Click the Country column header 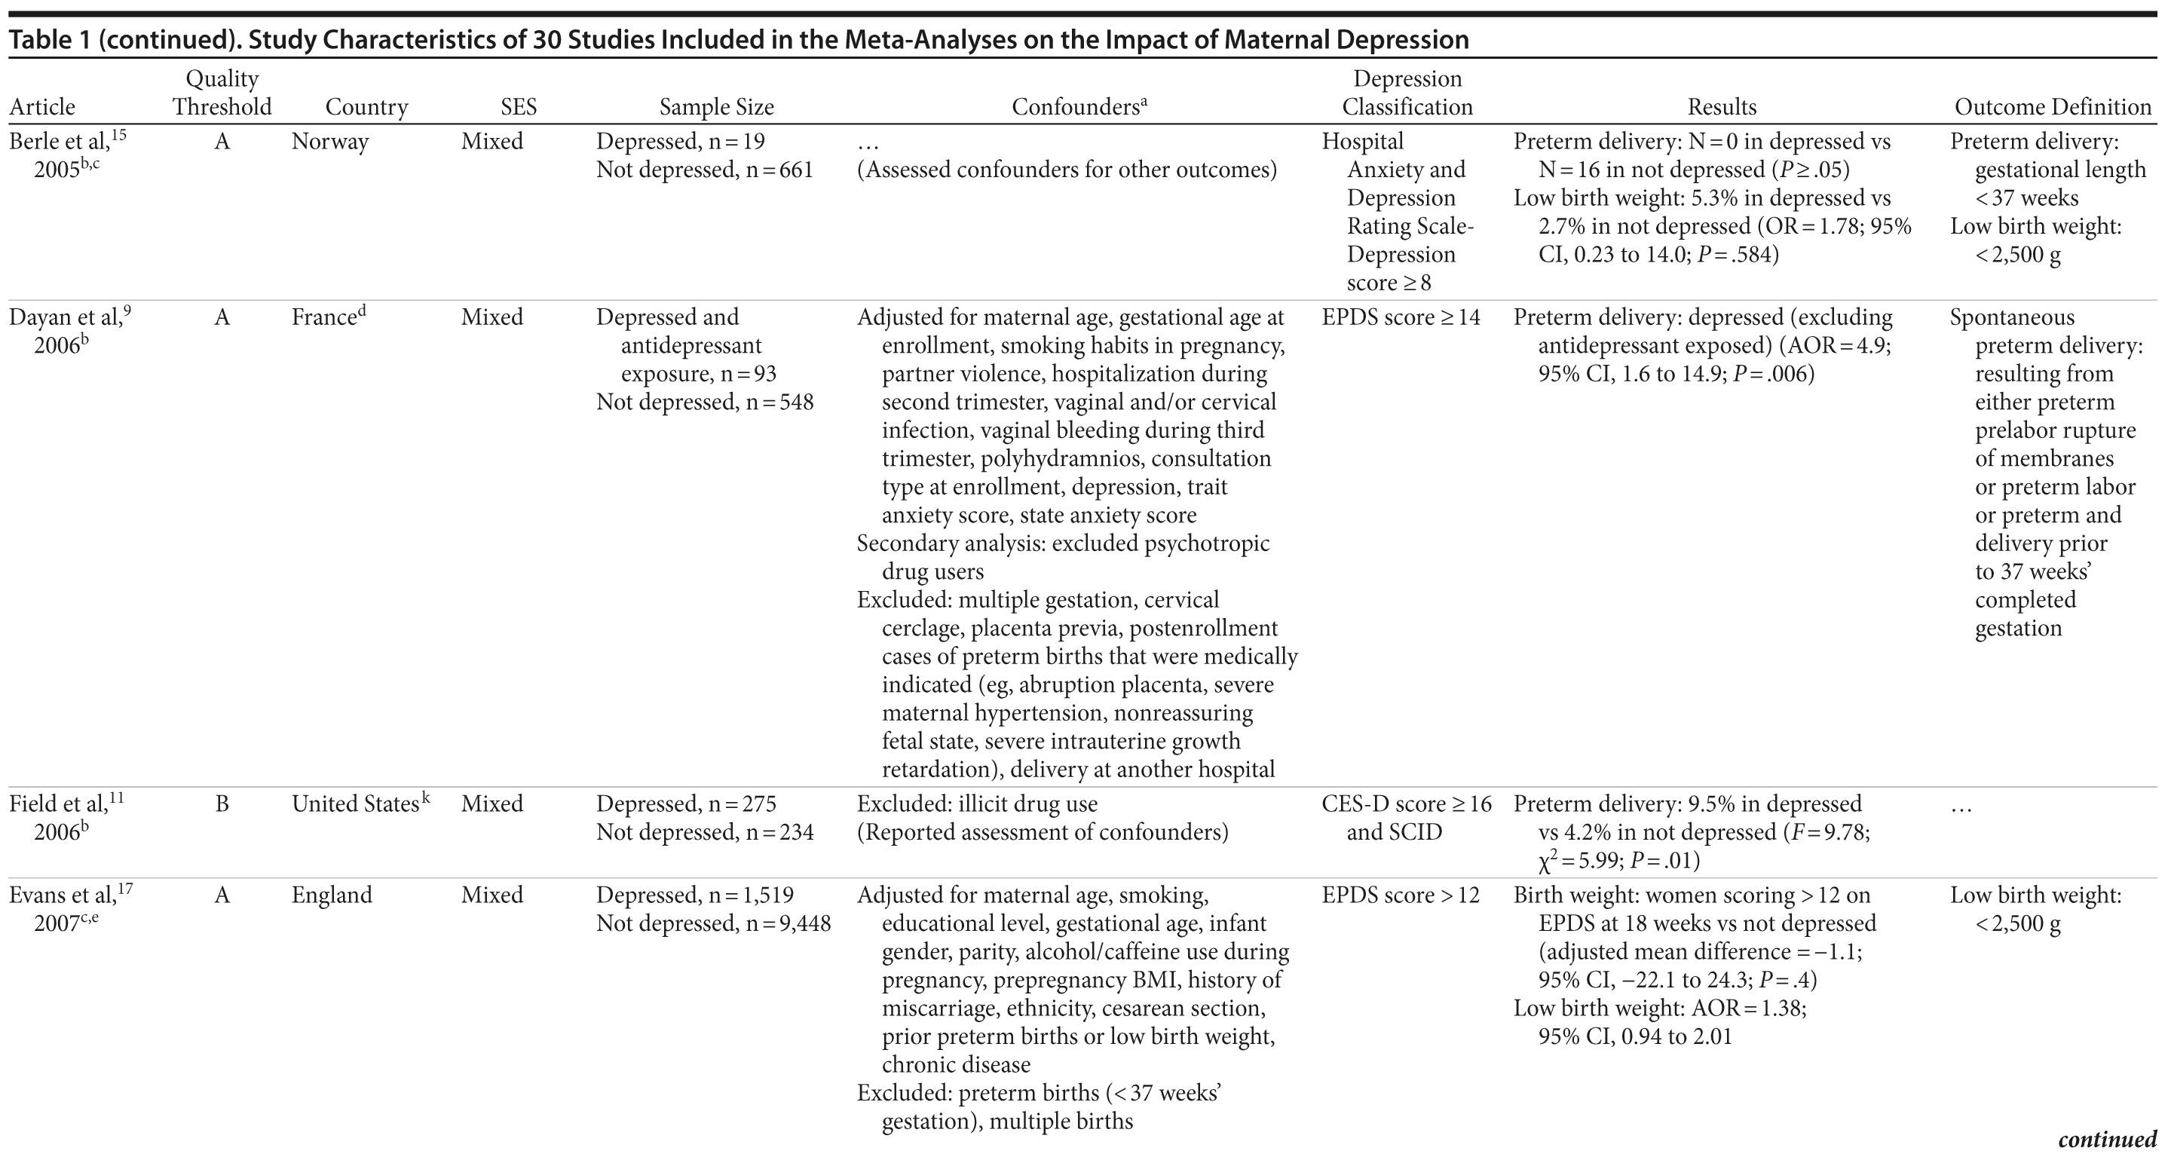366,107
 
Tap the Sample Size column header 716,107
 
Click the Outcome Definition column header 2053,107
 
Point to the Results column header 1722,107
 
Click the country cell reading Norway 329,142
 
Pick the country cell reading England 331,895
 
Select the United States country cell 355,804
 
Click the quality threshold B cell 222,804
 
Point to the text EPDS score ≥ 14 1401,318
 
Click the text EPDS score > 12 1401,895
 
